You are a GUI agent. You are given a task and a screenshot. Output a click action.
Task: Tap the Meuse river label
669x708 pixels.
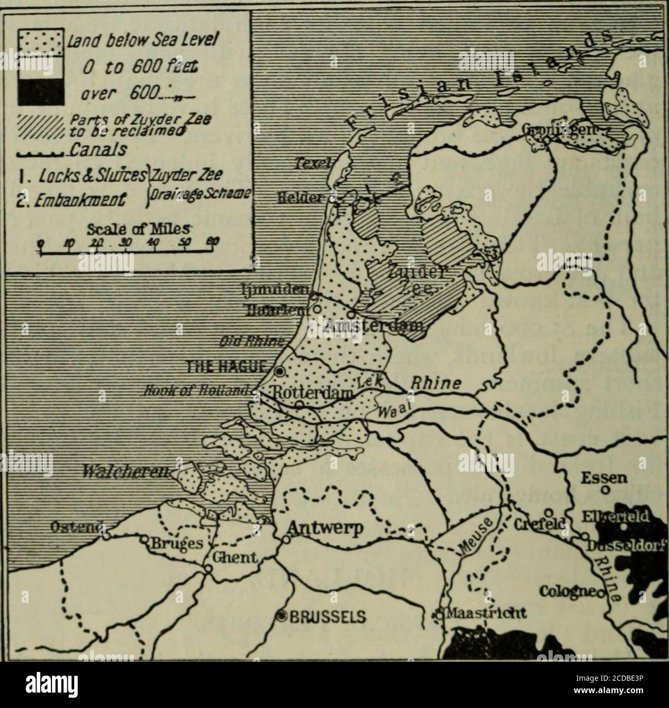(x=472, y=536)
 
